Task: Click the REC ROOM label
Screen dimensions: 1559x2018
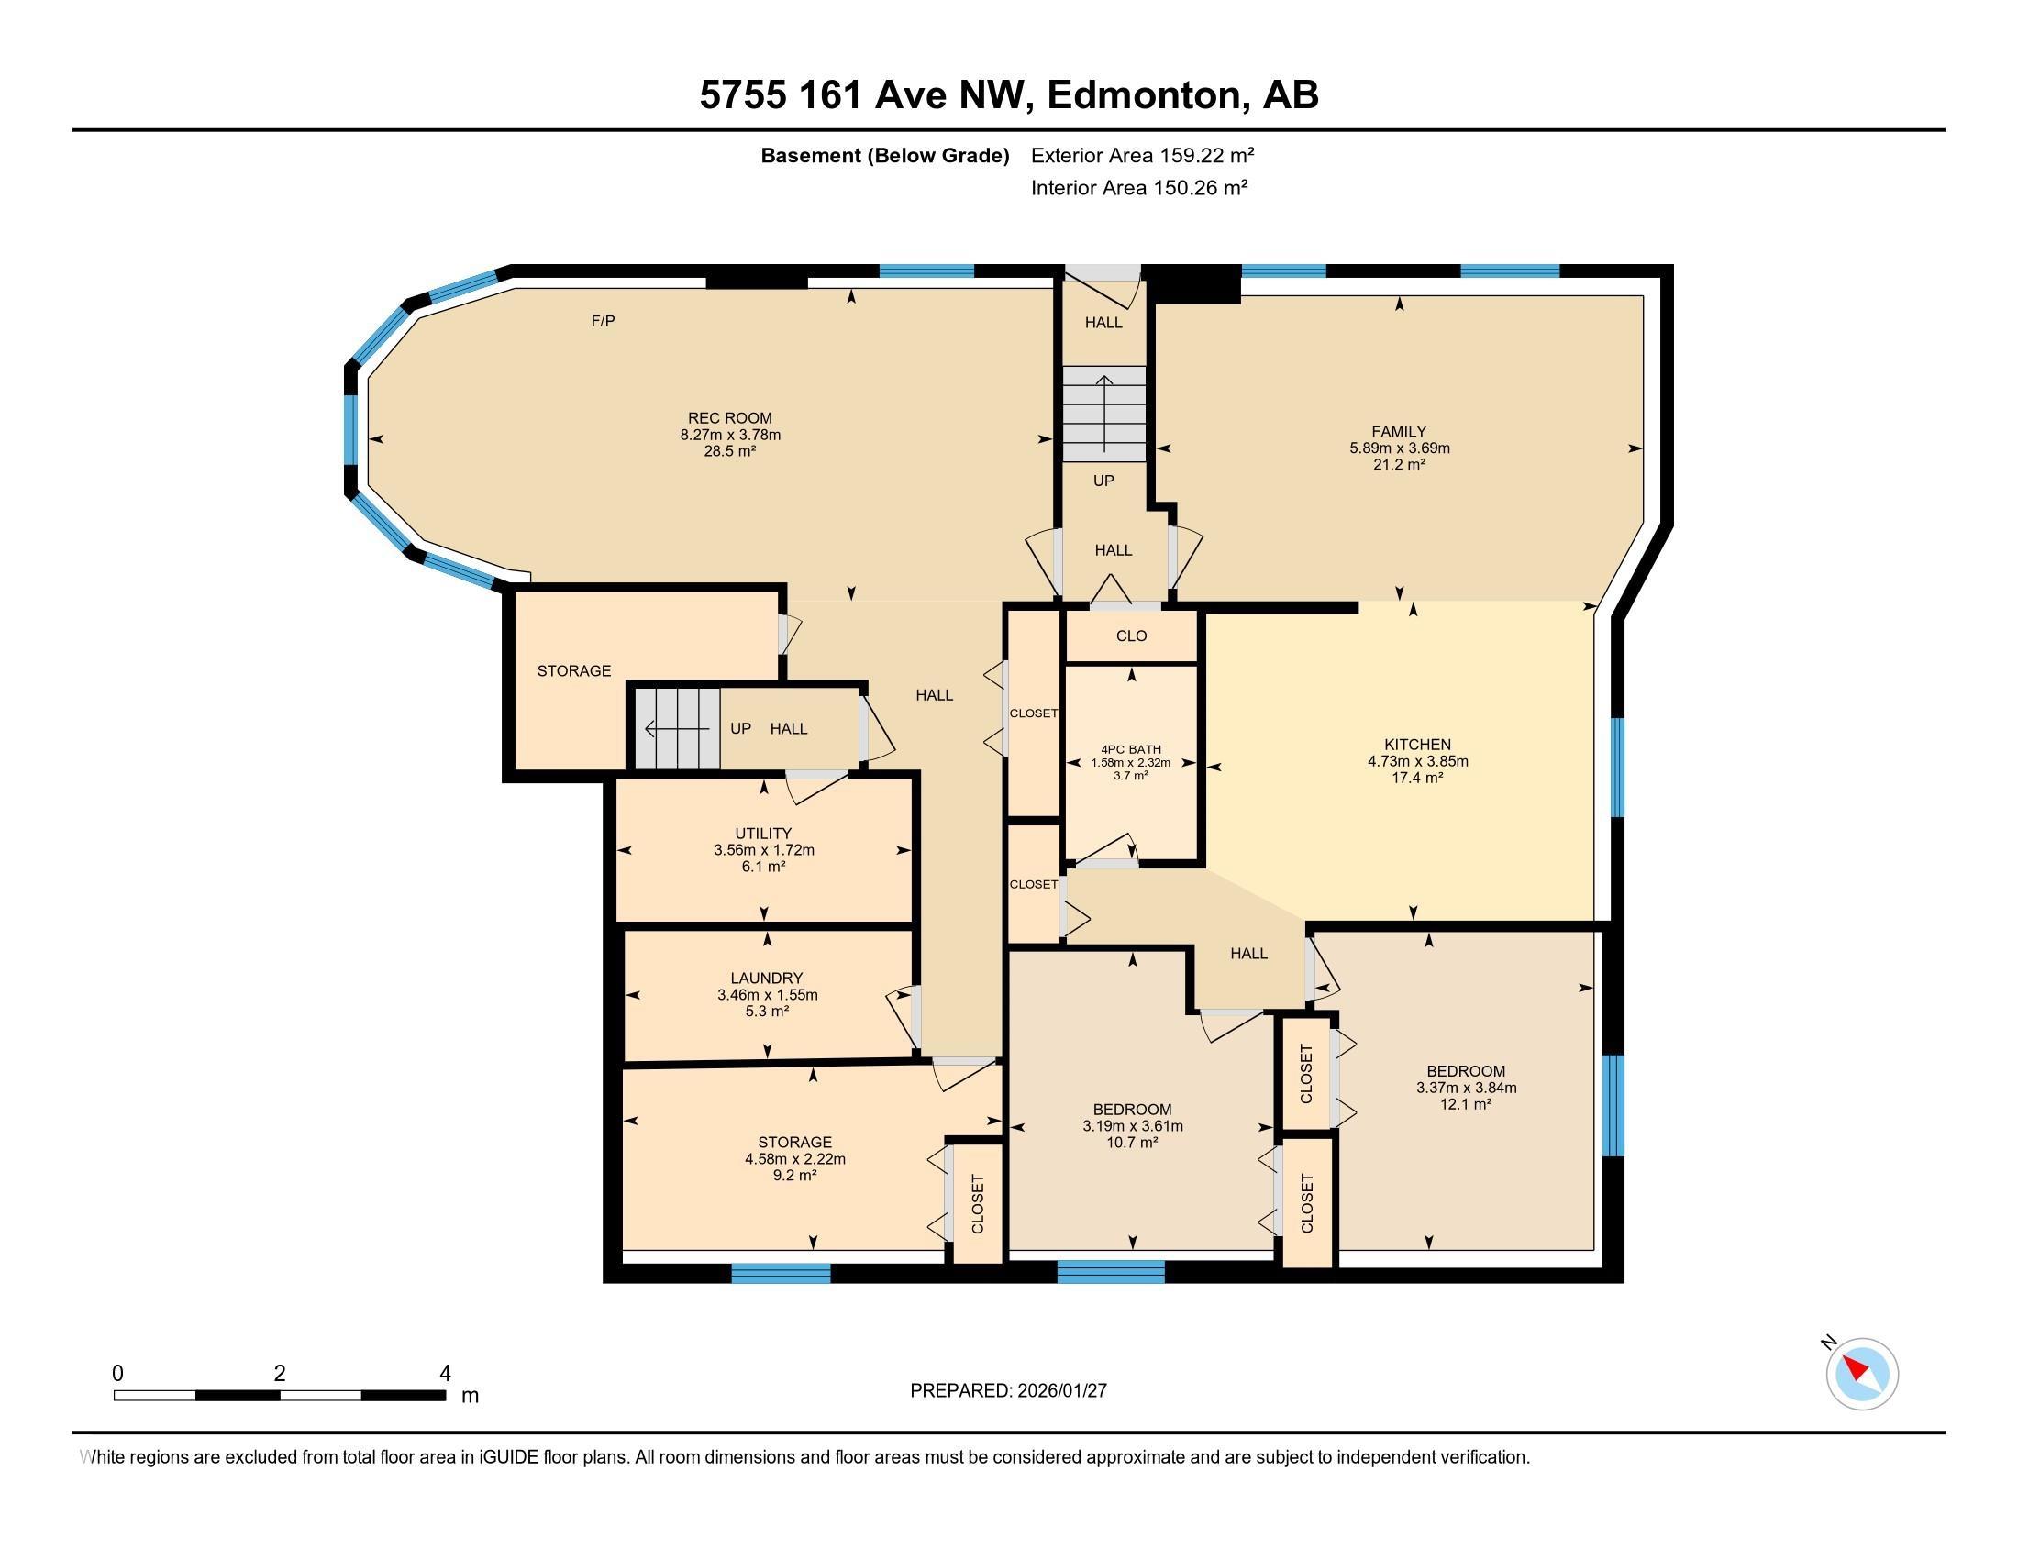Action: click(x=729, y=418)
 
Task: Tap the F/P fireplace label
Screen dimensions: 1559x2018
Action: click(x=603, y=321)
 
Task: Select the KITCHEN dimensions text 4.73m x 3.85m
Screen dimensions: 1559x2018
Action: click(x=1417, y=762)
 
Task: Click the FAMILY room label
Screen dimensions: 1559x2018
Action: click(x=1398, y=431)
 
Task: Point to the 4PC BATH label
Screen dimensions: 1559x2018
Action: click(x=1130, y=750)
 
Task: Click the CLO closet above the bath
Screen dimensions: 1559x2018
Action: click(x=1131, y=636)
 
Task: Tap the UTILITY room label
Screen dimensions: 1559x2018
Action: click(x=763, y=833)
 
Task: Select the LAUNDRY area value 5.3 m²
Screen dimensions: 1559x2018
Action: click(x=766, y=1012)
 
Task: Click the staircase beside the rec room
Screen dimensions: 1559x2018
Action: click(x=1103, y=414)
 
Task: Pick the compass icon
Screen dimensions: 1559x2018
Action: click(x=1861, y=1374)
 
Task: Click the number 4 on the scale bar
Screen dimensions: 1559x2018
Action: click(x=445, y=1374)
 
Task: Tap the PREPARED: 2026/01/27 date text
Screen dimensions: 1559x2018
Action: click(x=1008, y=1391)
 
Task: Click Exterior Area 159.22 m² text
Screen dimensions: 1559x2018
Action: click(x=1142, y=155)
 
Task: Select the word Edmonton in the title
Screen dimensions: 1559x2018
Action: click(x=1144, y=95)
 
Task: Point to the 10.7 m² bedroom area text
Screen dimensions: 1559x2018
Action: click(x=1132, y=1143)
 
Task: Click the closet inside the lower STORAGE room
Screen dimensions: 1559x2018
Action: click(x=978, y=1203)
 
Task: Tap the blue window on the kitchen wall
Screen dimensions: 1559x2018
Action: click(x=1618, y=768)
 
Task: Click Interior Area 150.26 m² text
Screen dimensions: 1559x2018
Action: click(x=1138, y=188)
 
